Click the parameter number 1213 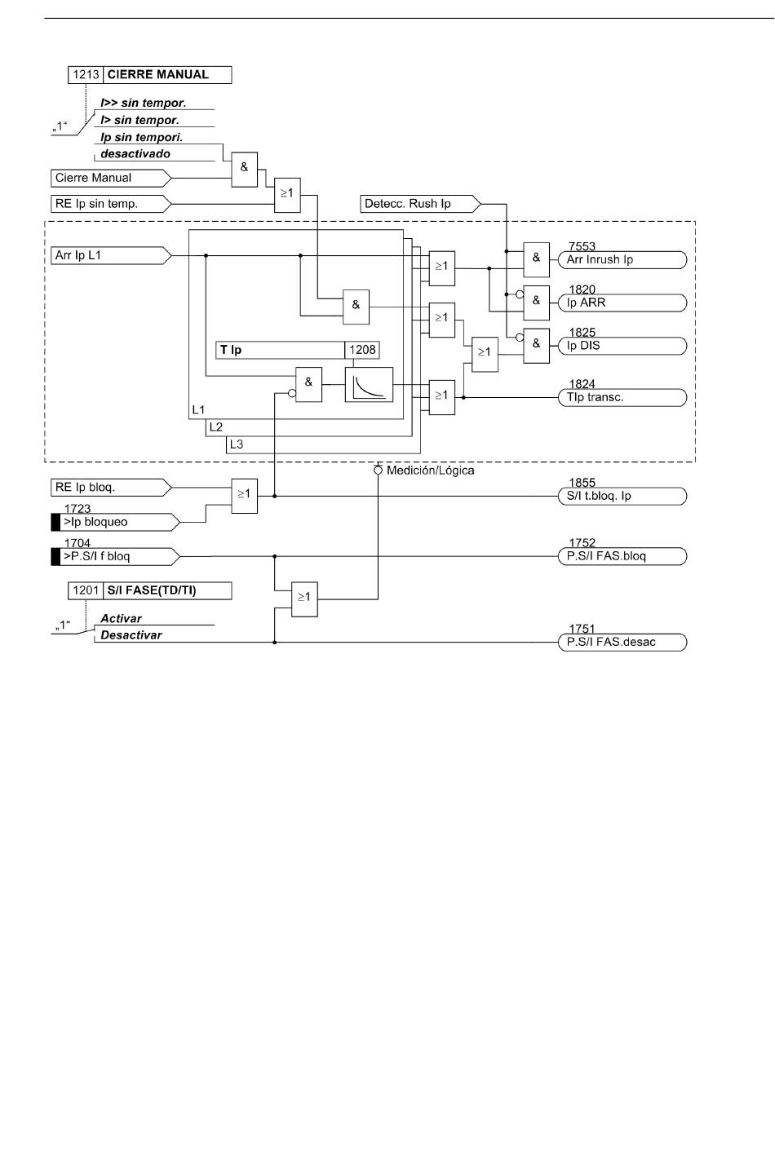86,75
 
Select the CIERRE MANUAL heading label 158,75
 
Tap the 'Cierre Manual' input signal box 111,178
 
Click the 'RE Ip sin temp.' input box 111,204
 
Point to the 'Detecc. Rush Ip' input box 420,204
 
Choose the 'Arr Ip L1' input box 111,255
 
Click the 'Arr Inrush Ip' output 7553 622,259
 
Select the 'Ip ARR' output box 622,303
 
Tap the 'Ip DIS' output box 622,346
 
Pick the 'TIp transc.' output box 622,397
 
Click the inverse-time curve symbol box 369,384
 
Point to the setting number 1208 362,350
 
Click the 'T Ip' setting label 230,350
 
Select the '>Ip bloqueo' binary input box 116,522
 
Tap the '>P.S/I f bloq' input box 116,556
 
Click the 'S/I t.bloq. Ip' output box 622,496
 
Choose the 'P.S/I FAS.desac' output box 622,643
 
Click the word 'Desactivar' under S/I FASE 131,635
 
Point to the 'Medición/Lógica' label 430,471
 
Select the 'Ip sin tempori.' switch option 142,138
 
